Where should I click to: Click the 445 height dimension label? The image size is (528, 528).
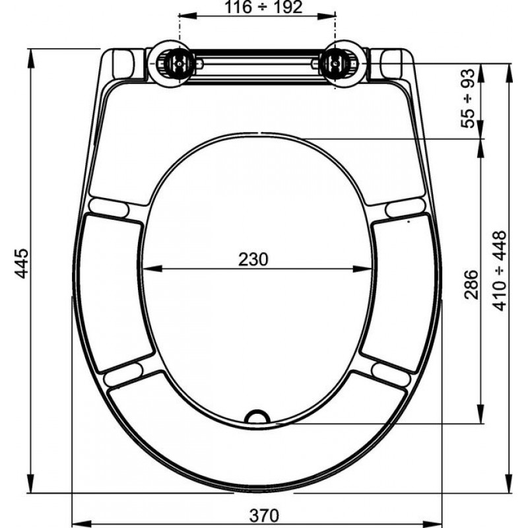(22, 263)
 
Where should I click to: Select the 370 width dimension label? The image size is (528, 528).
(265, 515)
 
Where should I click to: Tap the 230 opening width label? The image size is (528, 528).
(253, 259)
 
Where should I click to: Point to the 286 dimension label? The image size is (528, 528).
(471, 284)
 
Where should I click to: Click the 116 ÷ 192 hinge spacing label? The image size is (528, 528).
(263, 7)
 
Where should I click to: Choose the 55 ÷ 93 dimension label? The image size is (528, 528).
(468, 98)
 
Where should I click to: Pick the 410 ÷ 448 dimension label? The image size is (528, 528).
(500, 271)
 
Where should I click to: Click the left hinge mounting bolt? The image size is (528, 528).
(179, 63)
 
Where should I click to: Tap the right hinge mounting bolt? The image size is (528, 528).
(335, 63)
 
